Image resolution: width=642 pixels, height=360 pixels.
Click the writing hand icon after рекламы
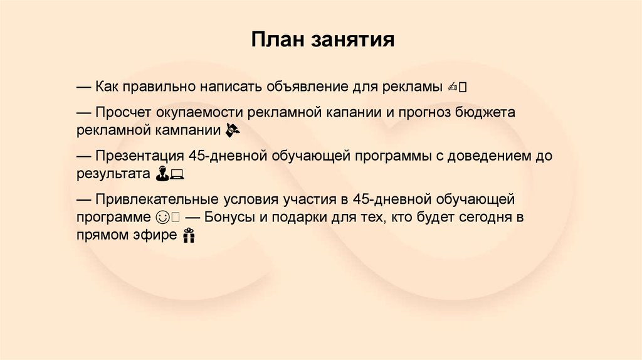455,87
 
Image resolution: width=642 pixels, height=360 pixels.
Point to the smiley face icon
161,218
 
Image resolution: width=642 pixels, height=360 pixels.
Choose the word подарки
308,218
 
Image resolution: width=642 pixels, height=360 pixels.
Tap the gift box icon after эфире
189,236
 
